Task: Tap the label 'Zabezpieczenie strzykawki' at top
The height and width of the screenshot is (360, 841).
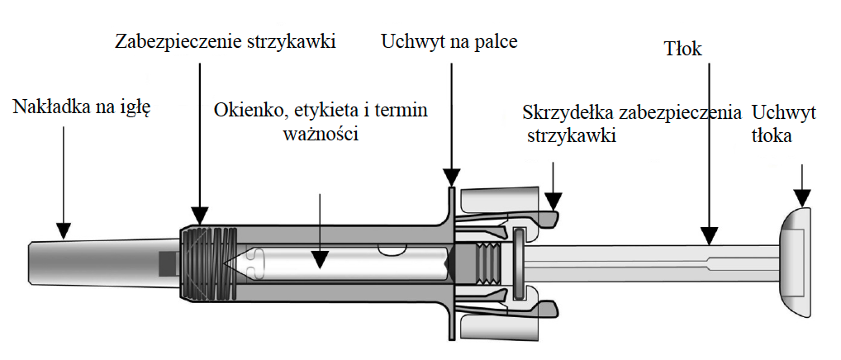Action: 226,41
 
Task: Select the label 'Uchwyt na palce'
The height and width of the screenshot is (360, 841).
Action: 449,41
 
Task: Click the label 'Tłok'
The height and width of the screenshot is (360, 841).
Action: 683,50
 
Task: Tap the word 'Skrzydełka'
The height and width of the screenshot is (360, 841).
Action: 567,111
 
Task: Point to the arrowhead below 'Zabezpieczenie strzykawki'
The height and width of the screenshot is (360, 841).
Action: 199,216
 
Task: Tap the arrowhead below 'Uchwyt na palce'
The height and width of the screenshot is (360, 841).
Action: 451,177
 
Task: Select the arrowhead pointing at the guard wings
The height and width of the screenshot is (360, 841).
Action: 554,201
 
